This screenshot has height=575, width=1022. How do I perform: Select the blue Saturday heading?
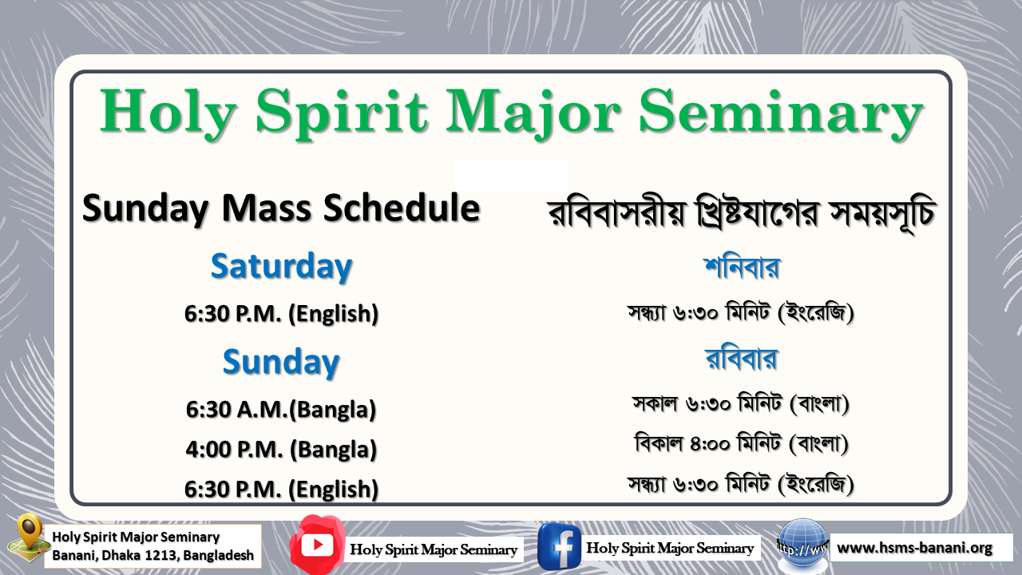click(x=281, y=267)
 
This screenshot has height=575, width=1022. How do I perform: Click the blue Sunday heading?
click(x=281, y=362)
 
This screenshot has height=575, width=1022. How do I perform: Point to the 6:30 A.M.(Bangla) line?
click(x=281, y=410)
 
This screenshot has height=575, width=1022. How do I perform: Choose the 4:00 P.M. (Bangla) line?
click(x=281, y=449)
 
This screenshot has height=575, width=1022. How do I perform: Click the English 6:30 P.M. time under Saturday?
click(x=281, y=314)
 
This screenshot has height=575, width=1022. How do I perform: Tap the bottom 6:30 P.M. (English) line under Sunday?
click(x=281, y=488)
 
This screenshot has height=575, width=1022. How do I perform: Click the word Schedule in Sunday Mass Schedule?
click(x=402, y=208)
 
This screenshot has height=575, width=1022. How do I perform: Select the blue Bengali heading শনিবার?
click(x=741, y=266)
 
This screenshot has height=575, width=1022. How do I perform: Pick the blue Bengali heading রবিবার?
click(x=741, y=359)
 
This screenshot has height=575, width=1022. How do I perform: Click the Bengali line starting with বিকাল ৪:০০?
click(x=741, y=443)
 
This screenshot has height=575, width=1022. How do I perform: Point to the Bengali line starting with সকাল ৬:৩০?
click(x=741, y=404)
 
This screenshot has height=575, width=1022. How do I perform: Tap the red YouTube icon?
click(x=318, y=545)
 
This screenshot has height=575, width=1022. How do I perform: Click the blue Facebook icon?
click(x=559, y=546)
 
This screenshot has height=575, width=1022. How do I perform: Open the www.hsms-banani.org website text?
click(x=914, y=548)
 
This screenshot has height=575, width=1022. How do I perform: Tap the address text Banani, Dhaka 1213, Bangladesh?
click(x=153, y=555)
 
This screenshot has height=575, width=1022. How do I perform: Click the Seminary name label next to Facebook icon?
click(x=670, y=548)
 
